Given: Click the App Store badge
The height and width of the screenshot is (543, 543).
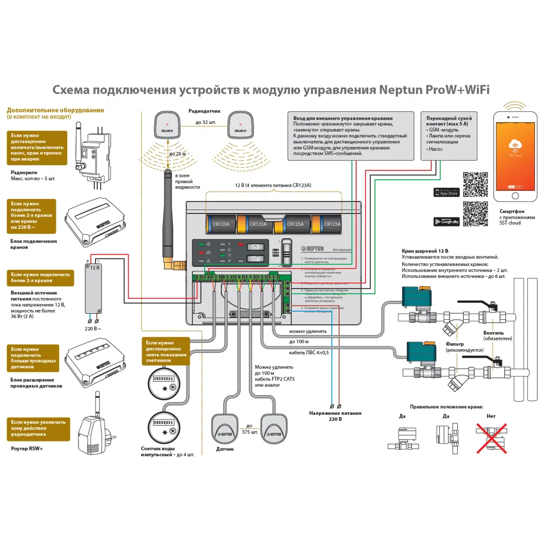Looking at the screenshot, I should tap(446, 192).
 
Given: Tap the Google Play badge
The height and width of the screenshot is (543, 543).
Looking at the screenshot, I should tap(446, 221).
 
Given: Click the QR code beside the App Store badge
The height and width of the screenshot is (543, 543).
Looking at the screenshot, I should tap(476, 184).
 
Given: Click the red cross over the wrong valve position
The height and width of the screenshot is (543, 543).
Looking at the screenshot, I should tap(491, 438).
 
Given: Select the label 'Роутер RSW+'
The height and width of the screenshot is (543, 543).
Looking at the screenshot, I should tap(27, 449).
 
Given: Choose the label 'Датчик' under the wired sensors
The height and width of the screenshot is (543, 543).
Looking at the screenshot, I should tap(225, 449).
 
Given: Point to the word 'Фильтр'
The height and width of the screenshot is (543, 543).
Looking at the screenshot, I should tap(454, 344).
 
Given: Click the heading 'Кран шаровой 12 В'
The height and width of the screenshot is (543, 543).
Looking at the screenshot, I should tap(425, 251).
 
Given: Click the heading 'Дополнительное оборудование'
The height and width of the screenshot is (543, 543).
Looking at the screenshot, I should tap(55, 110).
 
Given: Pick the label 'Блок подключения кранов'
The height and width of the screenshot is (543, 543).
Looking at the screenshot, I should tap(34, 244).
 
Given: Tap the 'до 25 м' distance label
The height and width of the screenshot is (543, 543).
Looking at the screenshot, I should tap(178, 154).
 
